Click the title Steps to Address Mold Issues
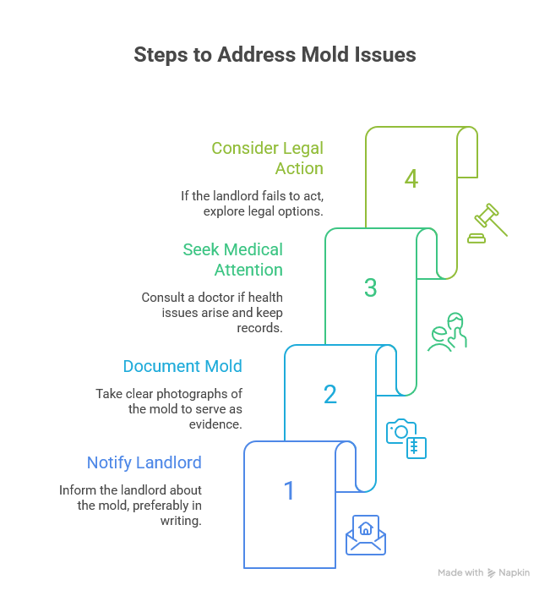click(275, 55)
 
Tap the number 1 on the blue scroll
click(289, 490)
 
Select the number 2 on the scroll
click(330, 394)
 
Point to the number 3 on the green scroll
click(370, 287)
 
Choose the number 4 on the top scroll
click(411, 179)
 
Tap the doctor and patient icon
click(446, 331)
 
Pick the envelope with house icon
click(366, 534)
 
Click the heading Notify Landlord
click(144, 462)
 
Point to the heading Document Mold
click(182, 366)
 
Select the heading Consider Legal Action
click(267, 158)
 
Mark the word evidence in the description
click(218, 424)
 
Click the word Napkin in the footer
click(514, 572)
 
